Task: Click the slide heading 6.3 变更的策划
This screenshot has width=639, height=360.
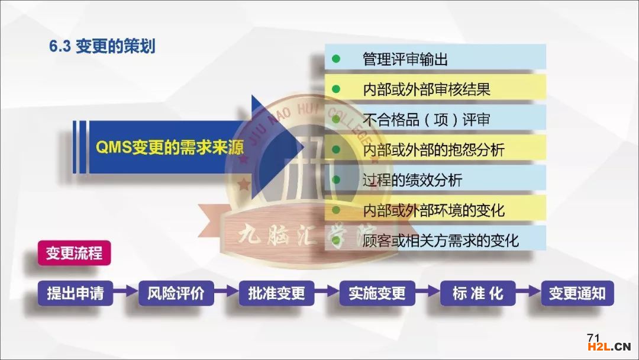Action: (x=102, y=46)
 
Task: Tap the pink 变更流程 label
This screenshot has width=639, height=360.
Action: (x=74, y=253)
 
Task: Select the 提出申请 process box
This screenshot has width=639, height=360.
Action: (x=75, y=293)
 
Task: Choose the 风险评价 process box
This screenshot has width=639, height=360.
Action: (x=176, y=293)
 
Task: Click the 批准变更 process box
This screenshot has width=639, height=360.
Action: (x=277, y=293)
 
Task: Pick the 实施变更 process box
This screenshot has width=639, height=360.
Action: (x=377, y=293)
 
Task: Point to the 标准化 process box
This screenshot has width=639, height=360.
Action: (x=477, y=293)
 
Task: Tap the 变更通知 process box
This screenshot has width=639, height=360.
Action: (x=577, y=293)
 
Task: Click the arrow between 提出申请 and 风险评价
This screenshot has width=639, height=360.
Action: (x=125, y=291)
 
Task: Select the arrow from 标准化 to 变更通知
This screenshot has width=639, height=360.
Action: (x=528, y=291)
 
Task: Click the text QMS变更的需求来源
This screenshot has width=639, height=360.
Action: (x=170, y=147)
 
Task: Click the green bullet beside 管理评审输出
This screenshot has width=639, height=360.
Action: (x=336, y=59)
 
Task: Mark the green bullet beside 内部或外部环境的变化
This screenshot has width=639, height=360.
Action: (x=336, y=210)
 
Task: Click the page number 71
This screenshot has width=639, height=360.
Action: (x=593, y=337)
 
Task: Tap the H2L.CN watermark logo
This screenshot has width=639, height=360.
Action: (x=609, y=347)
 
